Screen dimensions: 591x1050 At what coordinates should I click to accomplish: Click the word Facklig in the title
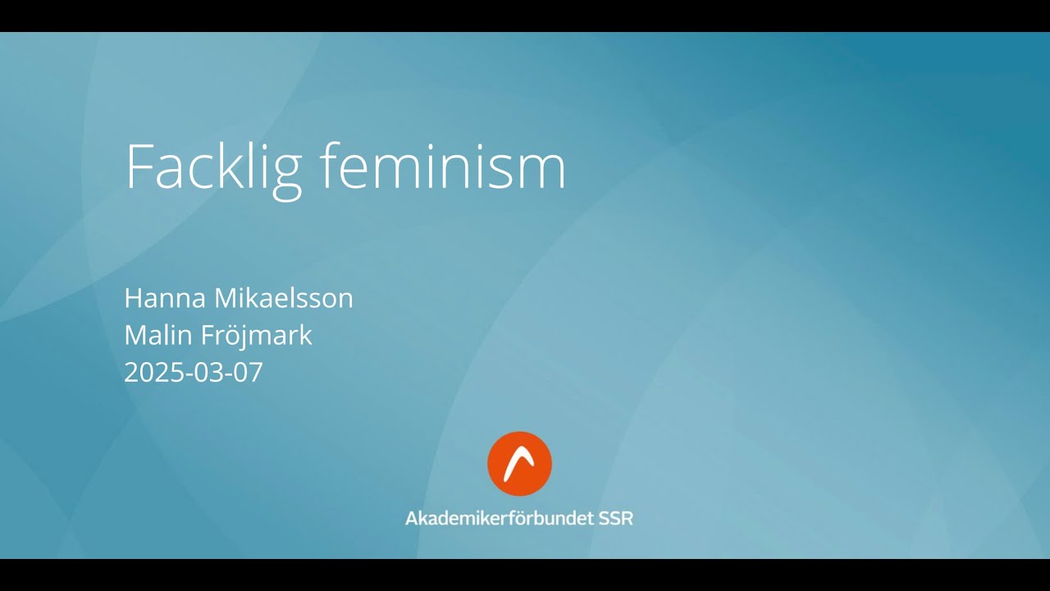pyautogui.click(x=213, y=168)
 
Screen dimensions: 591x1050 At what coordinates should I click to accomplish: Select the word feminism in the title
pyautogui.click(x=443, y=167)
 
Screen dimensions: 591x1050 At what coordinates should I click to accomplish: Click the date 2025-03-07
pyautogui.click(x=194, y=373)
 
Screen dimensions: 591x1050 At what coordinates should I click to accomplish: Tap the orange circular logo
pyautogui.click(x=519, y=464)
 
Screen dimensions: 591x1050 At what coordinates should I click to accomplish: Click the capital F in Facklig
pyautogui.click(x=139, y=167)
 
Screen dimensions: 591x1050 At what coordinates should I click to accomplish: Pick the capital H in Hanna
pyautogui.click(x=133, y=298)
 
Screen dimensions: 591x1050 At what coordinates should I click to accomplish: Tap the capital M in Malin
pyautogui.click(x=135, y=335)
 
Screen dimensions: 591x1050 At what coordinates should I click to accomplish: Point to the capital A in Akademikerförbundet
pyautogui.click(x=412, y=519)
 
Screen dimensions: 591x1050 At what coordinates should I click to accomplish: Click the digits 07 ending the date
pyautogui.click(x=249, y=373)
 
